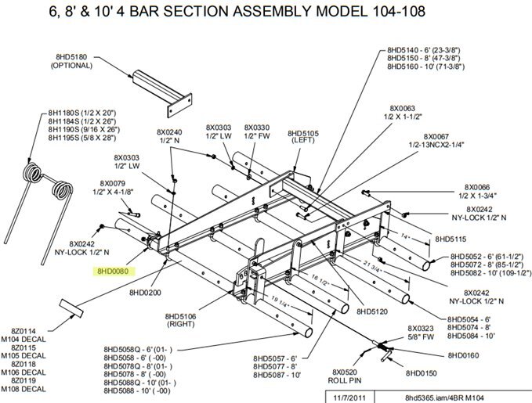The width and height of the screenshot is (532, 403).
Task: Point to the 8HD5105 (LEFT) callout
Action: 302,136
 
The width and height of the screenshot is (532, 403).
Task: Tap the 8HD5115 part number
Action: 451,239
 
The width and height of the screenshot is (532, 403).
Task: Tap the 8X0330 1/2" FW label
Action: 257,131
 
